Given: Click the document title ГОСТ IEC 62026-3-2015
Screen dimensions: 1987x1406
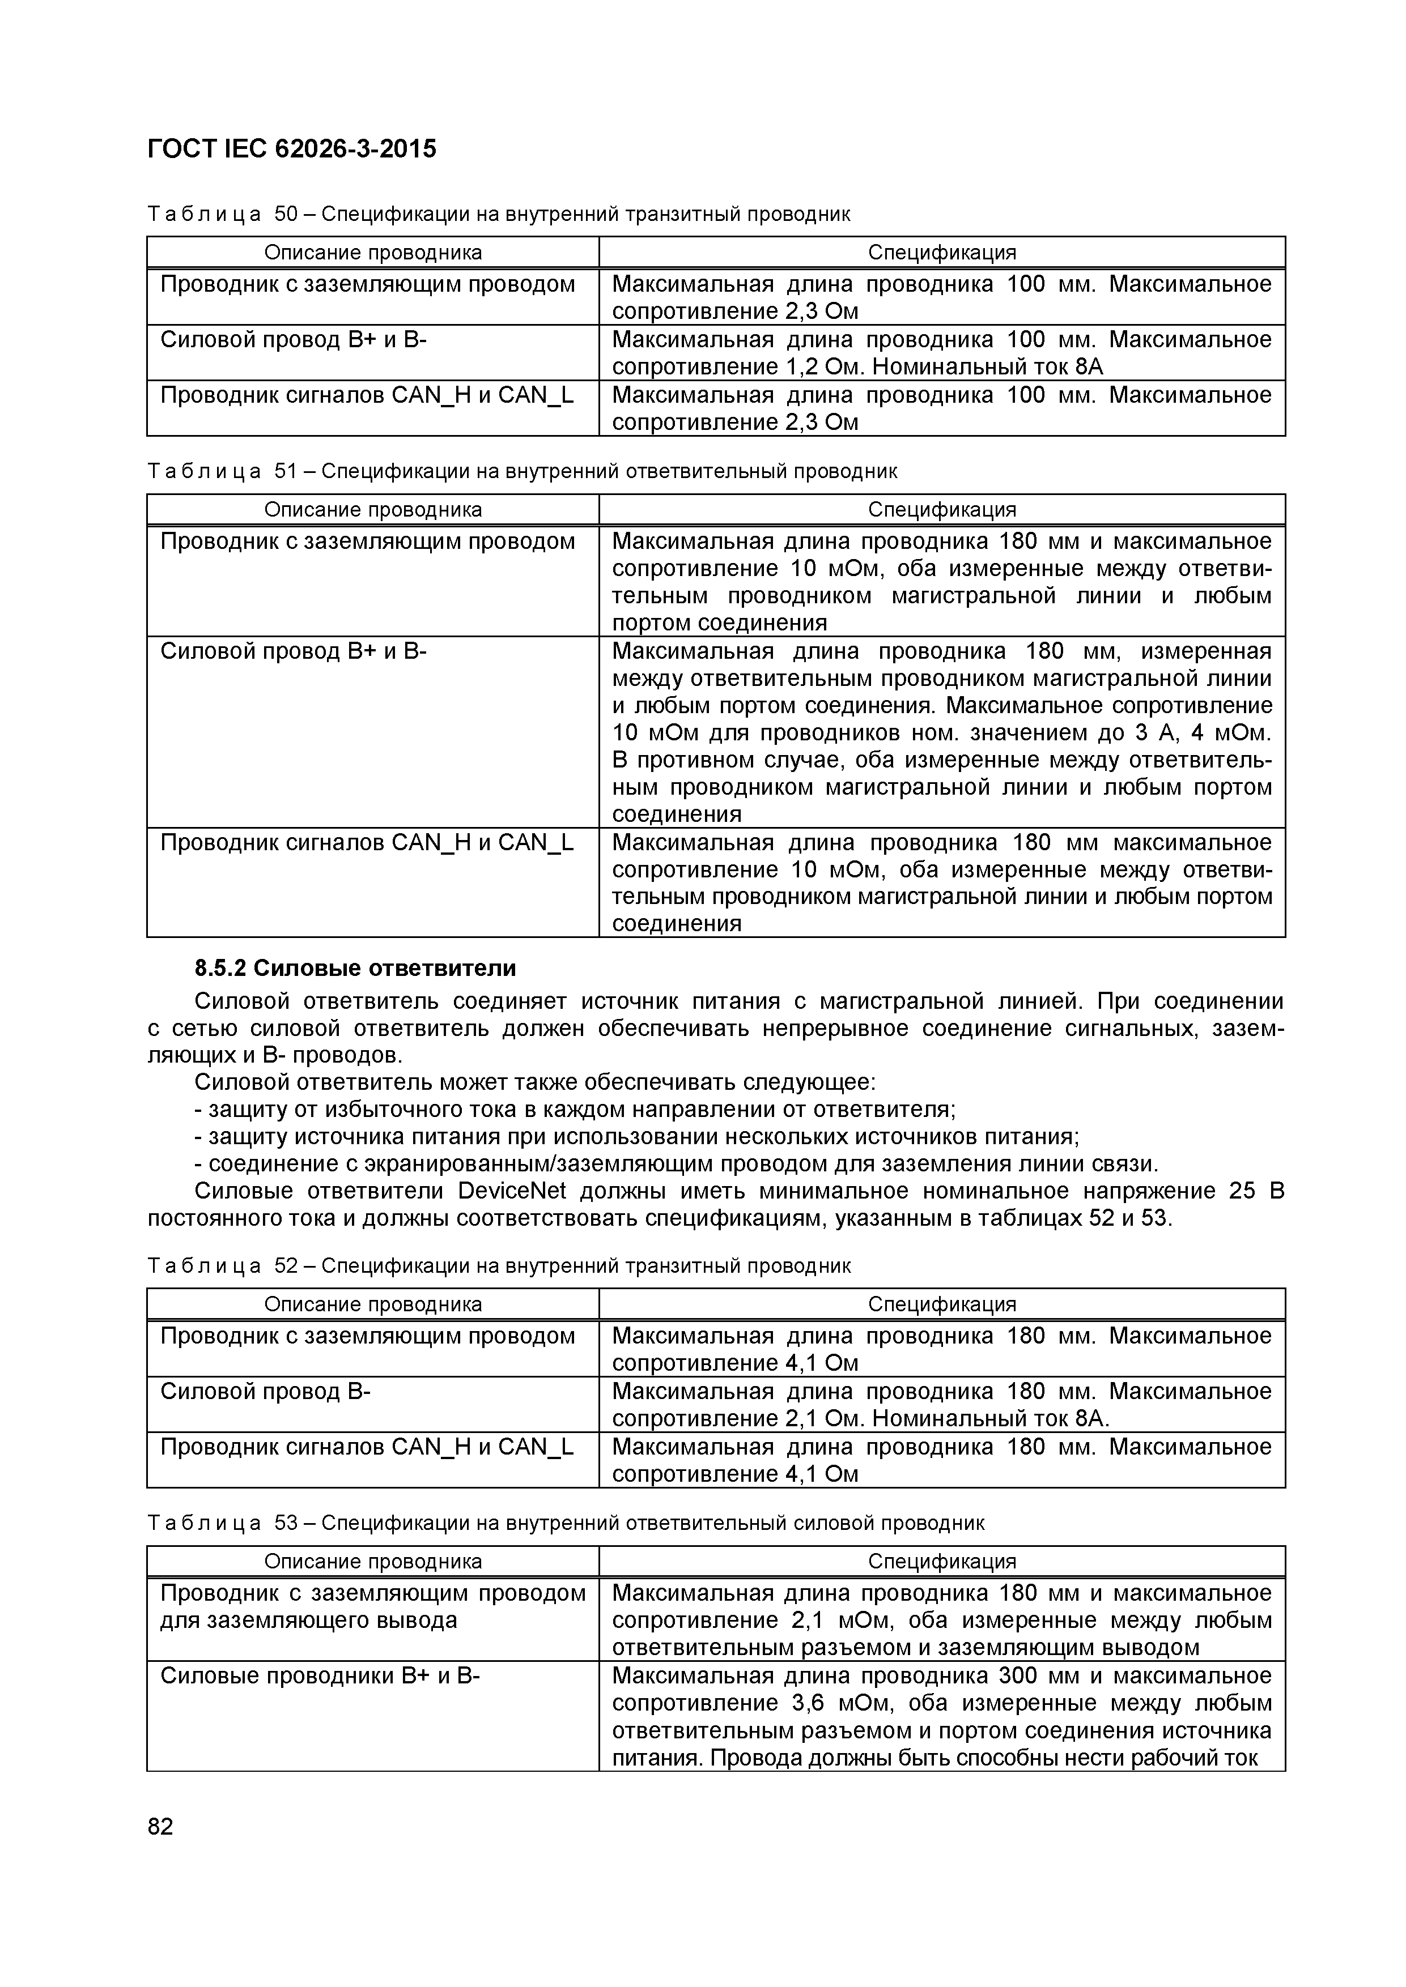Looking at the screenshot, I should [x=292, y=150].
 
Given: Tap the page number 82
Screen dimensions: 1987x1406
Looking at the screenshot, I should [x=161, y=1827].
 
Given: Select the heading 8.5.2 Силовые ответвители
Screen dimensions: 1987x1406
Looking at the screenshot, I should [x=355, y=967].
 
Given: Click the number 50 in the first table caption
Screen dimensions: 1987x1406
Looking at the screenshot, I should [x=286, y=214].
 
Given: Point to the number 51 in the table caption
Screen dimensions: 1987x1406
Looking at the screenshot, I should [x=286, y=471].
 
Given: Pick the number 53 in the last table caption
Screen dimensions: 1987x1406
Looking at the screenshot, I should [x=286, y=1523].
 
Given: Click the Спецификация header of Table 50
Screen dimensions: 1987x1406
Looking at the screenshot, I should [x=941, y=253].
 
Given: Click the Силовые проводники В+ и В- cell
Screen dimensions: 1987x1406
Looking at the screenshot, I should [x=320, y=1676].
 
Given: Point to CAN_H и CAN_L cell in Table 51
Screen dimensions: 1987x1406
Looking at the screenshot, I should [x=367, y=843].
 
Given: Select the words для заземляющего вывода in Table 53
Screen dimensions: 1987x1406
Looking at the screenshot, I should [x=308, y=1620].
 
